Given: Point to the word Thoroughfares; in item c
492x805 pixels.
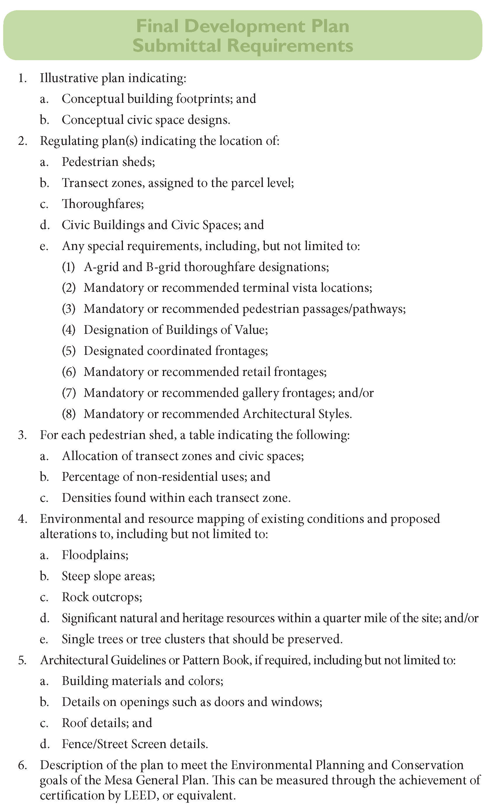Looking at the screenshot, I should click(x=103, y=204).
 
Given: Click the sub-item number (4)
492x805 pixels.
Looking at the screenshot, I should click(x=69, y=330).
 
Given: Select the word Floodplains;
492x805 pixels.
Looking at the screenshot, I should click(x=95, y=555).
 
